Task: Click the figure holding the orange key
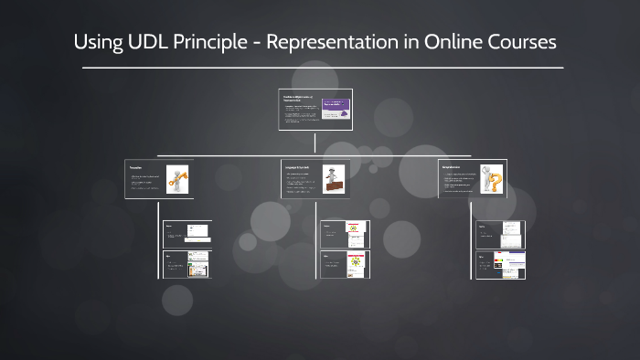click(x=176, y=179)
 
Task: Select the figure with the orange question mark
click(x=491, y=179)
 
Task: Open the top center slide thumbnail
click(x=315, y=110)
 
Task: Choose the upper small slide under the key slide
click(x=187, y=233)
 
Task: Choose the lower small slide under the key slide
click(x=187, y=264)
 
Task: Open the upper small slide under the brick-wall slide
click(x=344, y=234)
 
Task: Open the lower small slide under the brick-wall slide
click(x=344, y=264)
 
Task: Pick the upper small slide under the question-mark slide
click(x=500, y=235)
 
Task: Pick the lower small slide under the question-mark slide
click(x=500, y=264)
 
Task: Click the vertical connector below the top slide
click(x=315, y=142)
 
